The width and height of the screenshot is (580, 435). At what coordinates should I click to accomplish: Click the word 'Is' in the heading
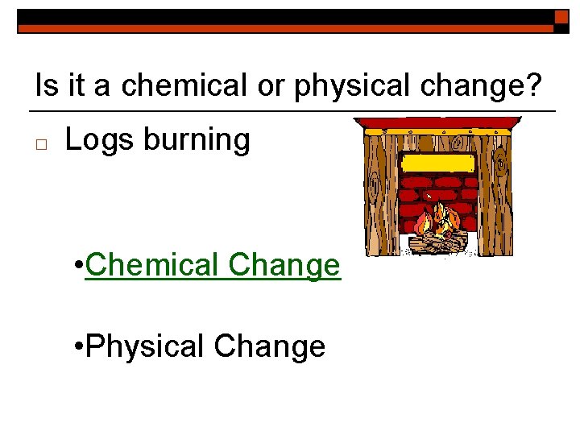click(x=46, y=85)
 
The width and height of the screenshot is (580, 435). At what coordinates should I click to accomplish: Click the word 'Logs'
click(x=98, y=140)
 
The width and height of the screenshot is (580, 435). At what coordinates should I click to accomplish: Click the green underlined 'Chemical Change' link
click(x=213, y=264)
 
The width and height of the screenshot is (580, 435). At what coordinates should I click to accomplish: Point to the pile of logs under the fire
click(x=438, y=240)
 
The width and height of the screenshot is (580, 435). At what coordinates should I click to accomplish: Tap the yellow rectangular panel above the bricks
click(x=438, y=163)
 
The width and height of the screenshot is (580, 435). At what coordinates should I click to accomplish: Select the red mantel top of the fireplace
click(x=437, y=123)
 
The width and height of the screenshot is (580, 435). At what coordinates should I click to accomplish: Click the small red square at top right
click(x=561, y=17)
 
